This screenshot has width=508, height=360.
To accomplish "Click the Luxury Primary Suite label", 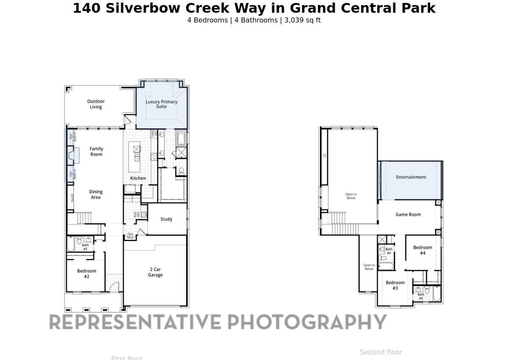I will (x=161, y=104).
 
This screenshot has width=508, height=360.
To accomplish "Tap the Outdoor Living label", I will (x=96, y=104).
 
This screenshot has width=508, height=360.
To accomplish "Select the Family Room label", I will (x=96, y=152).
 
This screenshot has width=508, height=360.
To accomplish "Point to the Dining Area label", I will (x=96, y=194).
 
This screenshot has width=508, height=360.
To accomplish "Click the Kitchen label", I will (x=138, y=178).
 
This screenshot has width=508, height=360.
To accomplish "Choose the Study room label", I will (x=166, y=219).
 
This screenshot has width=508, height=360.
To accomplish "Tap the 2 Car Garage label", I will (x=155, y=272).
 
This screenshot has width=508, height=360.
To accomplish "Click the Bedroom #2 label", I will (x=86, y=274).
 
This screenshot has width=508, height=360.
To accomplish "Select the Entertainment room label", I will (x=411, y=177).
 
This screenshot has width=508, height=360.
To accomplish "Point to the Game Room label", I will (x=408, y=214).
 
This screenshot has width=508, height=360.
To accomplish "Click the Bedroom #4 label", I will (x=422, y=250).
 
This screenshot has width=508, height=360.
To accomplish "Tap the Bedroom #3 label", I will (x=395, y=285).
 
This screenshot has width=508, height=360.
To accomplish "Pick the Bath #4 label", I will (x=389, y=251).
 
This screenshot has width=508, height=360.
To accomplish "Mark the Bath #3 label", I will (x=420, y=296).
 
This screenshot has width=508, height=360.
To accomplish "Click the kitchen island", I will (x=137, y=156).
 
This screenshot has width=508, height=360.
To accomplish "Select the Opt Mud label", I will (x=130, y=235).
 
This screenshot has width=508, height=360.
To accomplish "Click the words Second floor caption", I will (x=381, y=352).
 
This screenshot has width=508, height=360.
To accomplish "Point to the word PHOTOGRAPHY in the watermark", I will (x=307, y=322).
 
